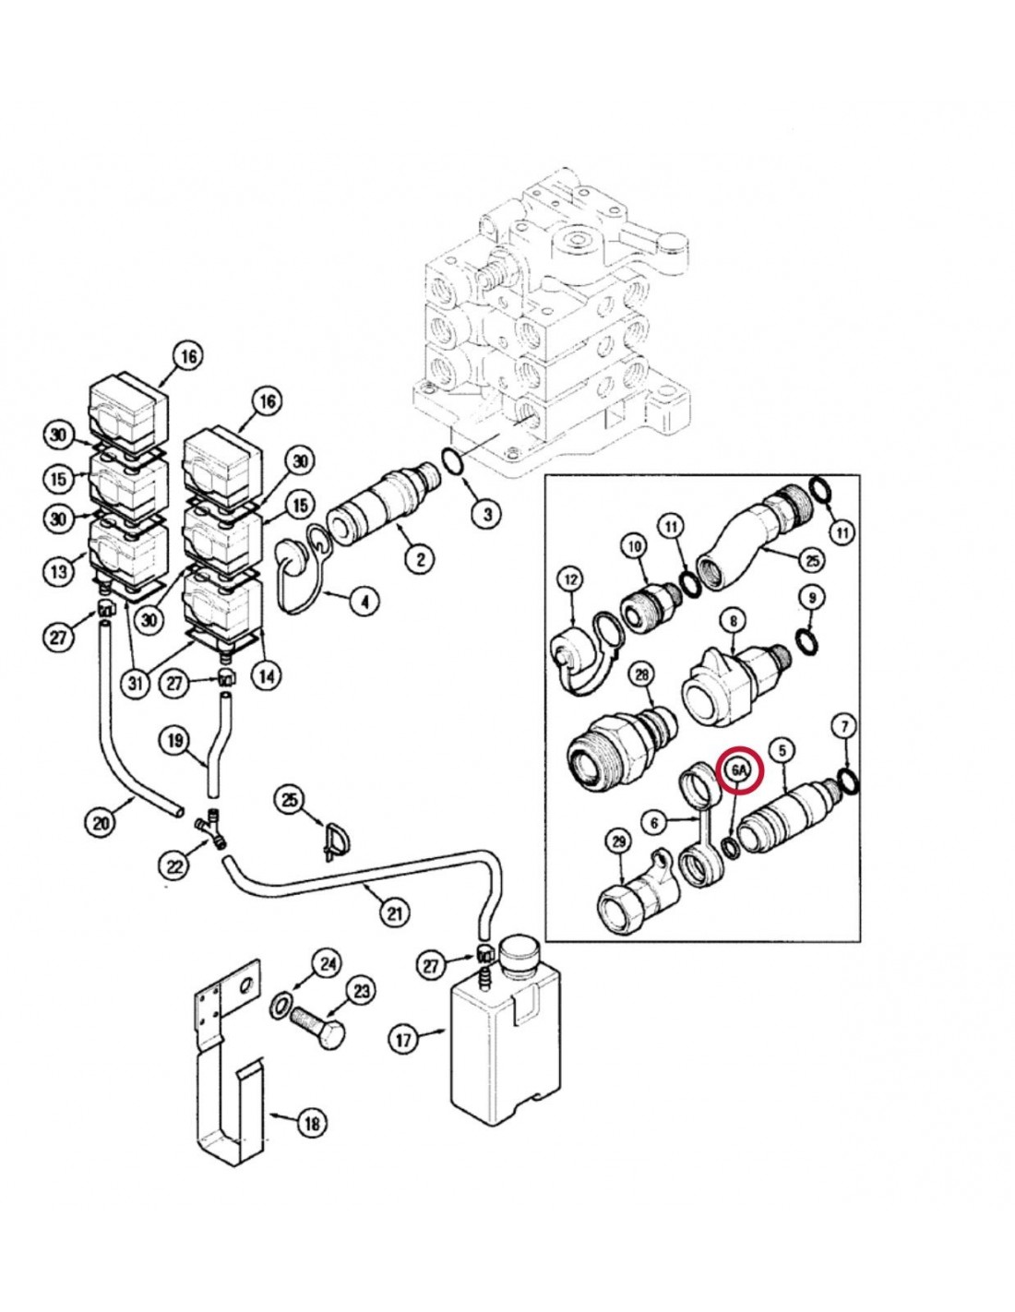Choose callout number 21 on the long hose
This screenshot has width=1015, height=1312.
point(393,912)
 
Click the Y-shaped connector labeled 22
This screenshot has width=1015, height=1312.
point(209,823)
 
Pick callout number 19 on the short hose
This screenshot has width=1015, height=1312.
point(175,741)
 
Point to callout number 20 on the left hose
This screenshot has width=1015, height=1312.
point(101,825)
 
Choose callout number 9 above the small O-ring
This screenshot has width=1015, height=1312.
point(811,598)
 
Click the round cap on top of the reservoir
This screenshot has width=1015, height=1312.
point(520,953)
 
